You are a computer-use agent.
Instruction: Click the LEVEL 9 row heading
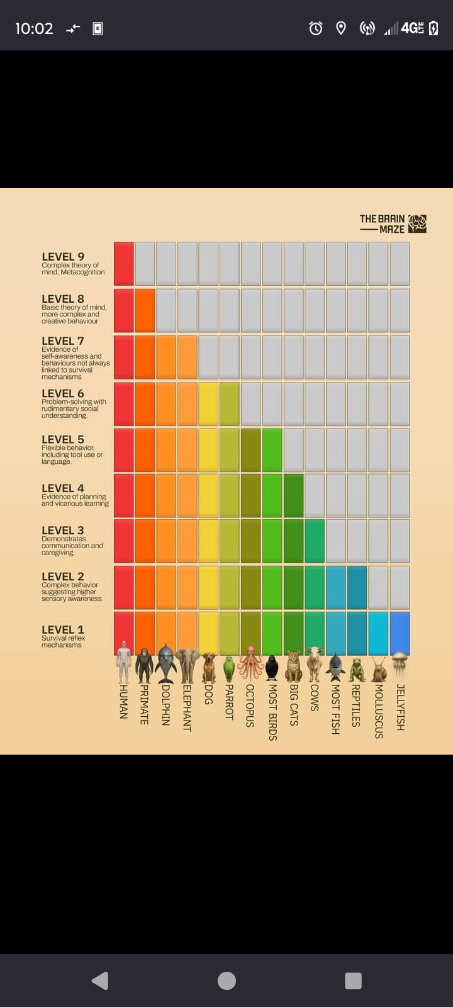click(63, 257)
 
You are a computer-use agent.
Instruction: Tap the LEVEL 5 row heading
click(63, 439)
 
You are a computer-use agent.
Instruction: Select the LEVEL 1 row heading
click(63, 629)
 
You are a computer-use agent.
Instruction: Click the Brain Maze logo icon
click(417, 223)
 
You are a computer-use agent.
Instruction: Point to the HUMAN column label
click(124, 702)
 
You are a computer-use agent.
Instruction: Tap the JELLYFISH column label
click(400, 707)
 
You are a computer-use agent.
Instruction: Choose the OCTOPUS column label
click(250, 706)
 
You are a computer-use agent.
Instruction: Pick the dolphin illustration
click(166, 663)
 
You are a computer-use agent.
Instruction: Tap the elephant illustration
click(187, 665)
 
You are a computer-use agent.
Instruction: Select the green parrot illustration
click(229, 669)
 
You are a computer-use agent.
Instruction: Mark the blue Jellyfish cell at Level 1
click(400, 633)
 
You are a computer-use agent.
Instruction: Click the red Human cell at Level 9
click(124, 264)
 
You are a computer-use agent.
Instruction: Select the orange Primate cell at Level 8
click(145, 310)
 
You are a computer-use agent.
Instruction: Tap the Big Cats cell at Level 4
click(294, 495)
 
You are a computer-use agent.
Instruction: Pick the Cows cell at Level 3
click(315, 541)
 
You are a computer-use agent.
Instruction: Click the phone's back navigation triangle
click(100, 981)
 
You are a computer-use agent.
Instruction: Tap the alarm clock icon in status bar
click(316, 28)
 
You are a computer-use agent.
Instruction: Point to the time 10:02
click(34, 28)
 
